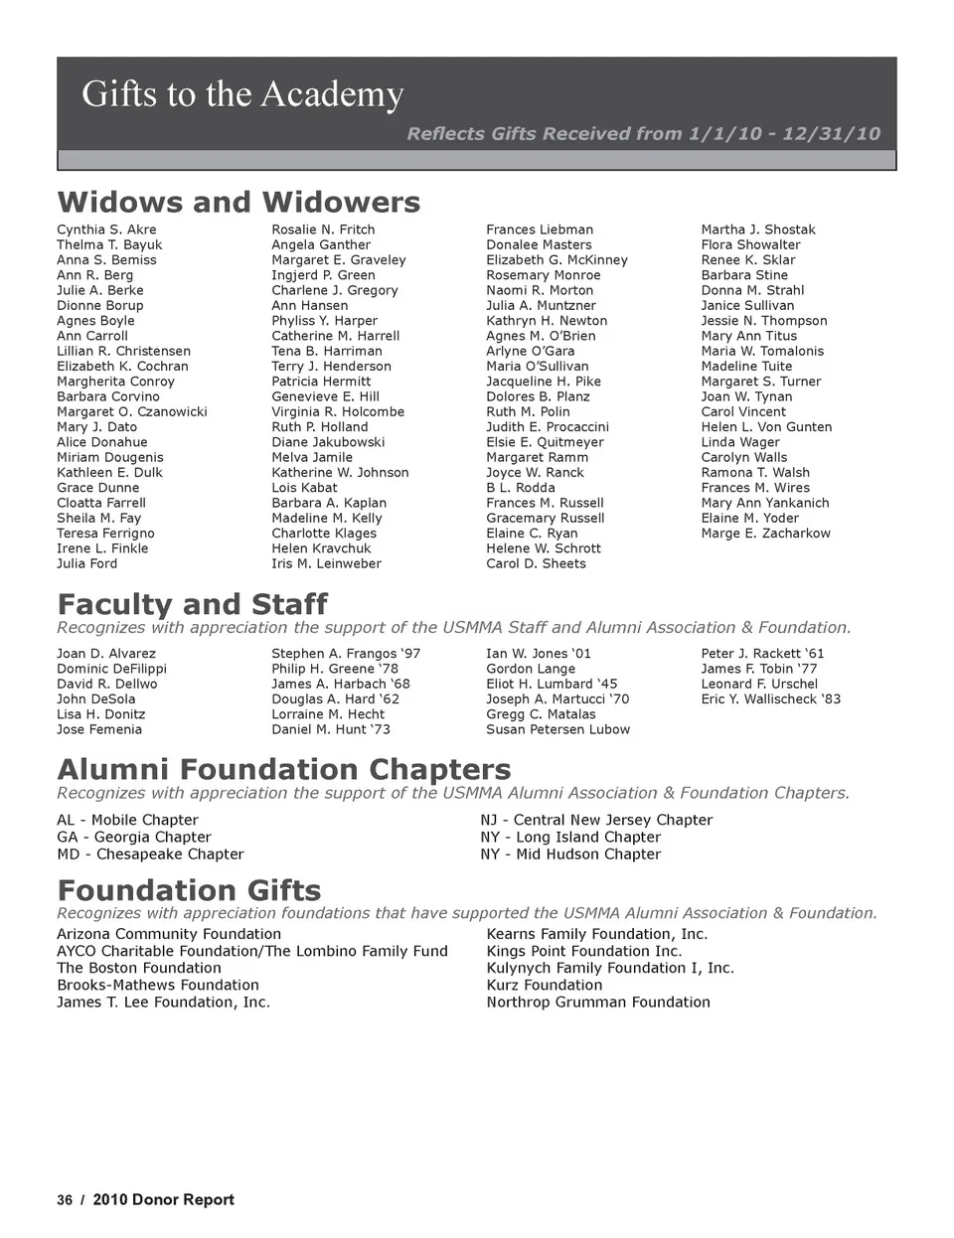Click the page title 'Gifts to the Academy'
[242, 94]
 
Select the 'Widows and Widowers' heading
[238, 202]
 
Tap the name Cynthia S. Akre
[106, 230]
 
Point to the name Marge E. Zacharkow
[765, 534]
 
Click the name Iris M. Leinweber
[326, 563]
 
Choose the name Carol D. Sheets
[536, 563]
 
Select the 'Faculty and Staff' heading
[192, 604]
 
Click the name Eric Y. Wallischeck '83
[770, 699]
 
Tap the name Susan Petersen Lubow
[557, 729]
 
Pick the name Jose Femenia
[99, 729]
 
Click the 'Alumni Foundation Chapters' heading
[284, 769]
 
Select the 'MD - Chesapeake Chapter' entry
[150, 854]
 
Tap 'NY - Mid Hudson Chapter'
[570, 854]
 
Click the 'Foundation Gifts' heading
[189, 889]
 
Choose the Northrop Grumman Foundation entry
[598, 1003]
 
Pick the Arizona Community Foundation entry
[169, 934]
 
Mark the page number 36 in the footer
[65, 1200]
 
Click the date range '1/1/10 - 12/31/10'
[784, 134]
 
